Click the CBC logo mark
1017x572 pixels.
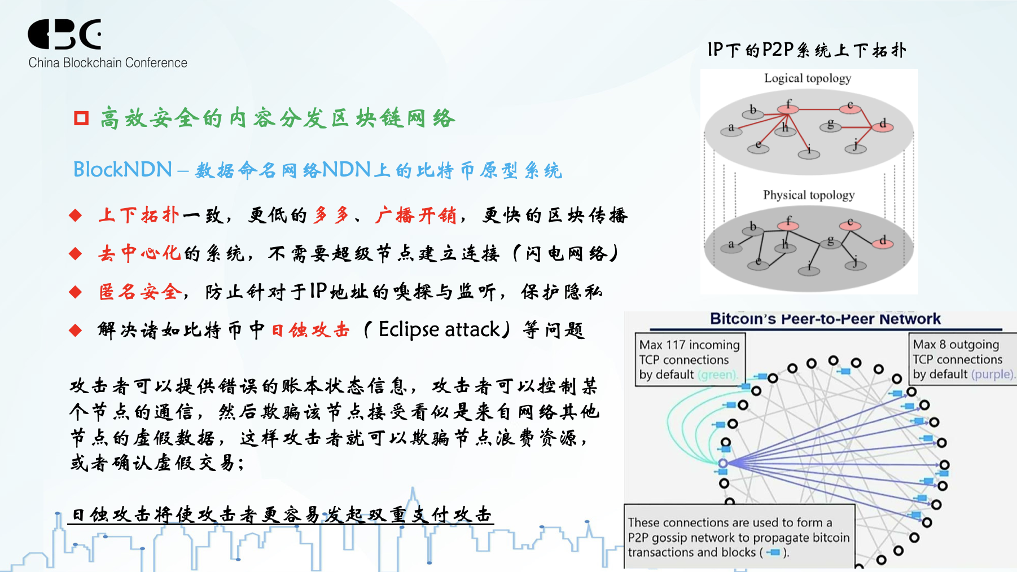pos(65,34)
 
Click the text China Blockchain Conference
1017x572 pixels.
pos(108,63)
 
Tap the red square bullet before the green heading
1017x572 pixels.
pos(81,118)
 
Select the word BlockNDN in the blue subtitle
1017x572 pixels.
pos(122,169)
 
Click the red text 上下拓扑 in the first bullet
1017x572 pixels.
pos(139,215)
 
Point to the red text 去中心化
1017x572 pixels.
pos(139,253)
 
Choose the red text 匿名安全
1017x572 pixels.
pos(141,292)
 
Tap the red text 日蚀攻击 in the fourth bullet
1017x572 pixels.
pos(311,330)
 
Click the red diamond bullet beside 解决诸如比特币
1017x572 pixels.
pos(76,330)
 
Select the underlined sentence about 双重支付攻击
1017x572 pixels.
pos(281,515)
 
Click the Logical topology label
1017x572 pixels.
pos(808,78)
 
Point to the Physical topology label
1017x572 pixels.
pos(809,195)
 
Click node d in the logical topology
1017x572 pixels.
pos(883,125)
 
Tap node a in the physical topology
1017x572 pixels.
pos(731,245)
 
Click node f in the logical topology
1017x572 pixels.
pos(788,107)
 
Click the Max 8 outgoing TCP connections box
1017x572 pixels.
pos(963,359)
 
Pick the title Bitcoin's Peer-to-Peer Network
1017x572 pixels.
pos(825,319)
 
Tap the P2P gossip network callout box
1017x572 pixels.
pos(739,537)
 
